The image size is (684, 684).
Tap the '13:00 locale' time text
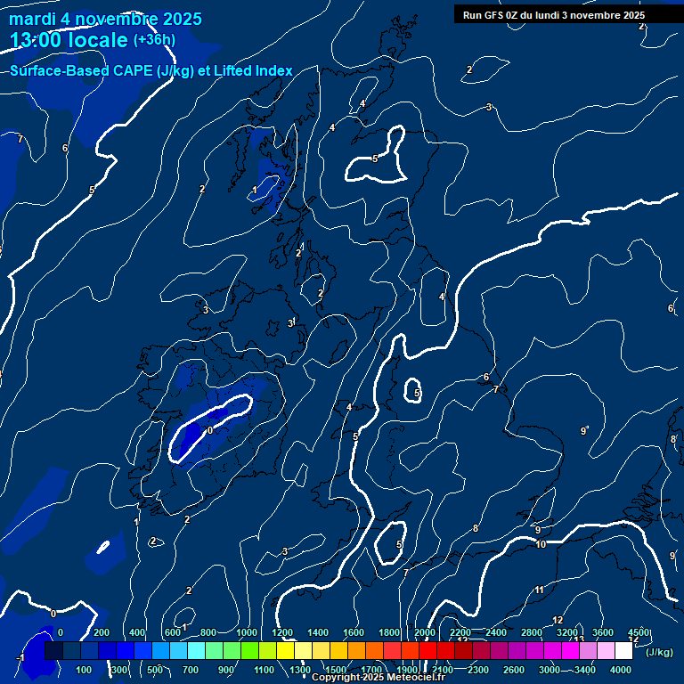tap(69, 40)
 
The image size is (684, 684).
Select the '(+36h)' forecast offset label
tap(154, 40)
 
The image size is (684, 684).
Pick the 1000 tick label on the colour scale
tap(247, 632)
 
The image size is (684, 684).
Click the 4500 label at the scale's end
tap(638, 632)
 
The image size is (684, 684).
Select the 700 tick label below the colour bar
tap(191, 670)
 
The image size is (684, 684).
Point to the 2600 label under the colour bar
tap(513, 670)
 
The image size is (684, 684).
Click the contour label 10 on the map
tap(541, 544)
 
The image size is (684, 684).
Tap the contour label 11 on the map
tap(539, 590)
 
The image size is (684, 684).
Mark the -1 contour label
tap(20, 657)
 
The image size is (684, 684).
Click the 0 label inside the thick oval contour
tap(210, 430)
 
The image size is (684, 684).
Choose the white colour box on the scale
tap(623, 651)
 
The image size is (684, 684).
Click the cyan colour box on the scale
tap(196, 651)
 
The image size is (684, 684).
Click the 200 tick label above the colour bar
tap(102, 632)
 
